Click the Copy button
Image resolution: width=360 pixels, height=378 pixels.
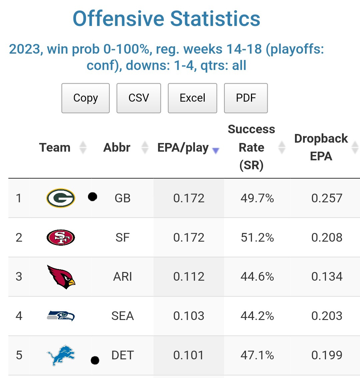[85, 98]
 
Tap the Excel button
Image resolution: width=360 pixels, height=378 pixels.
[192, 98]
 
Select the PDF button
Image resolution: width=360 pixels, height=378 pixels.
[246, 98]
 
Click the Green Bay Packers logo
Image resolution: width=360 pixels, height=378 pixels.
[61, 198]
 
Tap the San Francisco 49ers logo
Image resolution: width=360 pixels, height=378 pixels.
[61, 237]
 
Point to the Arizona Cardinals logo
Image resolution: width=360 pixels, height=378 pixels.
[61, 277]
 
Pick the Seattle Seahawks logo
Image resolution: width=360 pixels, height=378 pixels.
[61, 316]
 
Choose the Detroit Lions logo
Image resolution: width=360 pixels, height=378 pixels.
[61, 355]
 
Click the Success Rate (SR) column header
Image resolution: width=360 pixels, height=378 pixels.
[251, 147]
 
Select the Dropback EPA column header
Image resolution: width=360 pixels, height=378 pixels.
[321, 147]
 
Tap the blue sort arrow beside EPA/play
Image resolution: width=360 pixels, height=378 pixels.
[216, 151]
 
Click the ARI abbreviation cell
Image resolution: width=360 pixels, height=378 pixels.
[123, 277]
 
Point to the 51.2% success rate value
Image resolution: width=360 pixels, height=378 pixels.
[257, 237]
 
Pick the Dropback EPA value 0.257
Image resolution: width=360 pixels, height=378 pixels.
[327, 198]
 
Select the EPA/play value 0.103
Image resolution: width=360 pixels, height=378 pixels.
[189, 316]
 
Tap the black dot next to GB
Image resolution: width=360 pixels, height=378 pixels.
[93, 197]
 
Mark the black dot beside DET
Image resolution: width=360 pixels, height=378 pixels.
[95, 360]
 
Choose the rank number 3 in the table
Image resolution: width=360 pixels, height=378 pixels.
[19, 277]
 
